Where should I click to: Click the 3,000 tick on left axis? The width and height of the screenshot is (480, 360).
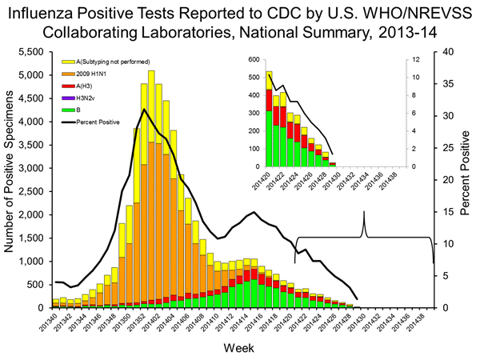tap(32, 168)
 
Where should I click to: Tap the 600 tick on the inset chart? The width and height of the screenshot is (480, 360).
tap(254, 60)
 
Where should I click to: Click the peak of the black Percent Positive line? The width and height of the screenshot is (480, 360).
tap(143, 109)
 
